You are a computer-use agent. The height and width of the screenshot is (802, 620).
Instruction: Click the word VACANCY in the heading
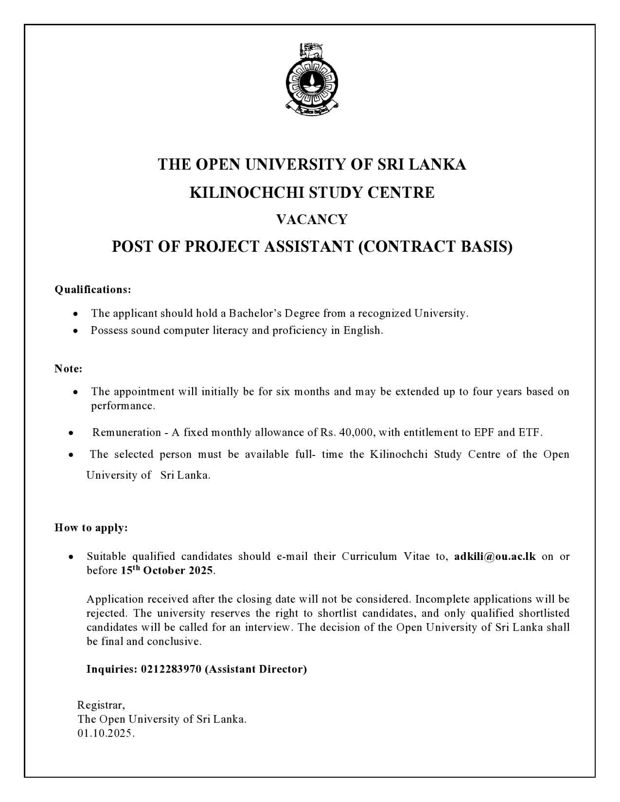point(312,220)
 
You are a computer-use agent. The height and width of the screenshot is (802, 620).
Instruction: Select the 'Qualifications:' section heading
point(93,290)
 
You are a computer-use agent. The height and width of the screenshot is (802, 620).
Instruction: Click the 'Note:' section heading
point(68,369)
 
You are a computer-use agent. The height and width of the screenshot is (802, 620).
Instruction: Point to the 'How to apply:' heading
point(91,528)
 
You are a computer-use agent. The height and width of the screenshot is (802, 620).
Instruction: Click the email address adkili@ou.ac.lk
point(495,557)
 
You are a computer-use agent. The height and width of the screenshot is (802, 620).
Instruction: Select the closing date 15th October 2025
point(167,571)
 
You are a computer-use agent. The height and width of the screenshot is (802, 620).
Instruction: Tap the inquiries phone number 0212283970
point(171,669)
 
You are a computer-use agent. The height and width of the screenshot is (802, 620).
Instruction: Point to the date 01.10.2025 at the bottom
point(105,733)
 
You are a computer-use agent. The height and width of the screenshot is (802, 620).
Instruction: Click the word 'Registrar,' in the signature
point(101,705)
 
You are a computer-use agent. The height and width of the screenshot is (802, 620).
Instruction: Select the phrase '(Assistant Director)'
point(256,669)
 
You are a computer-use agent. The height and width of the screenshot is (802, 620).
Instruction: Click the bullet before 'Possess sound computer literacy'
point(75,331)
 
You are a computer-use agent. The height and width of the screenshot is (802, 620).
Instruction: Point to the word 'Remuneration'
point(126,433)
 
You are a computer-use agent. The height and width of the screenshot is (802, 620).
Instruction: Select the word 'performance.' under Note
point(123,406)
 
